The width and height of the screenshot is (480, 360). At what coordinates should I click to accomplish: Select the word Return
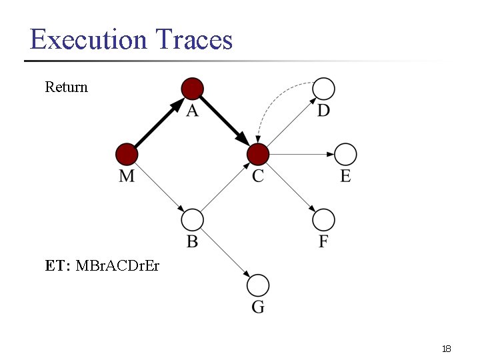(66, 87)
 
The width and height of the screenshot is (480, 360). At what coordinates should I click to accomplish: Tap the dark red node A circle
(193, 88)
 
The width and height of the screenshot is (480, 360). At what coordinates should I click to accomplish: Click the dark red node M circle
(127, 155)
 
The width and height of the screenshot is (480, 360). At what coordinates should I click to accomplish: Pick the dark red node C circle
(258, 155)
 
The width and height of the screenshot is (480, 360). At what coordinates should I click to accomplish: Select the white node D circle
(323, 88)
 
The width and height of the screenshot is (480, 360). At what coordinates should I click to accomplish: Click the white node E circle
(345, 155)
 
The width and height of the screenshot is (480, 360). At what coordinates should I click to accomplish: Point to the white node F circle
(323, 219)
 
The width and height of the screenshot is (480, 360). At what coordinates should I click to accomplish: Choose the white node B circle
(192, 219)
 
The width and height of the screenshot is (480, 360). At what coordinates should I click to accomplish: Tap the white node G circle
(258, 285)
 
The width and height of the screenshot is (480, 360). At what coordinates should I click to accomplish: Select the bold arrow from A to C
(225, 121)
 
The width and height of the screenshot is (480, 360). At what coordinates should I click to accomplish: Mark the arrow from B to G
(225, 253)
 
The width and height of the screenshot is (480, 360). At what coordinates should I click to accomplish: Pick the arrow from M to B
(159, 187)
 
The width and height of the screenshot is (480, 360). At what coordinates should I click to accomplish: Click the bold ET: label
(58, 266)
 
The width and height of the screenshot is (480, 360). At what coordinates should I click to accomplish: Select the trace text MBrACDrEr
(117, 266)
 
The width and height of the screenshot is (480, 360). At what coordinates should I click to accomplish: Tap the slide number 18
(447, 349)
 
